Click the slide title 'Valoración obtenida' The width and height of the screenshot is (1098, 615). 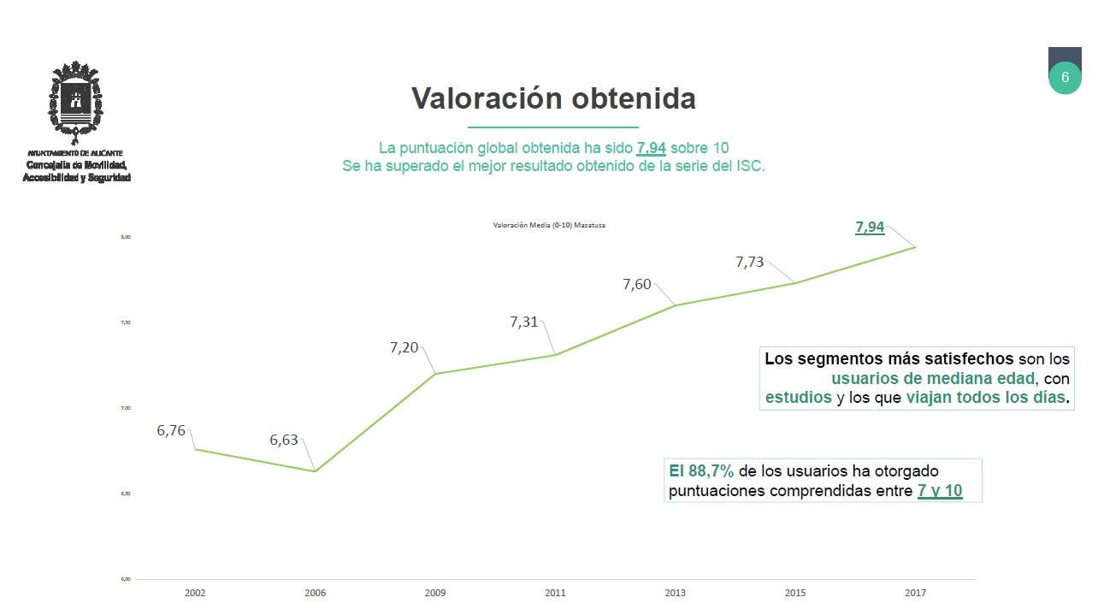[553, 98]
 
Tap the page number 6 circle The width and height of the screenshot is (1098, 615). [1065, 77]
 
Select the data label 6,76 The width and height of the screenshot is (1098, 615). [171, 431]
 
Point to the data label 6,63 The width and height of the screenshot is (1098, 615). [284, 441]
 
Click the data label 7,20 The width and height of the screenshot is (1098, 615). [404, 347]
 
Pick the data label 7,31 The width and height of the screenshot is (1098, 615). [524, 322]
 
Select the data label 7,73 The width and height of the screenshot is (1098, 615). [750, 263]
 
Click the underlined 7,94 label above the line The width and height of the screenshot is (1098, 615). [870, 228]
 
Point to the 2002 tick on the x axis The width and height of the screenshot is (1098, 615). [195, 593]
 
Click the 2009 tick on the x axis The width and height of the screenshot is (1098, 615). [435, 593]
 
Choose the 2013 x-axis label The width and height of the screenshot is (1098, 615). [675, 593]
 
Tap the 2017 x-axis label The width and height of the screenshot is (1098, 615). [915, 593]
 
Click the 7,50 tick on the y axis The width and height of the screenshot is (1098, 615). [126, 322]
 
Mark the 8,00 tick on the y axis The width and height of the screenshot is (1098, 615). [126, 237]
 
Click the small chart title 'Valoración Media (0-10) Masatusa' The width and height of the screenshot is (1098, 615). [549, 225]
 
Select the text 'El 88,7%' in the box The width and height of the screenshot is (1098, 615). [701, 471]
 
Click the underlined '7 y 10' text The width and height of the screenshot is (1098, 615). [940, 491]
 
